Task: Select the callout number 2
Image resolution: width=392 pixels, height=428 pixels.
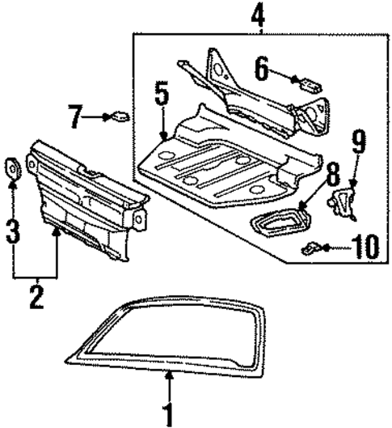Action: pos(35,296)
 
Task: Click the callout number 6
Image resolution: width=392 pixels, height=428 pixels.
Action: pos(262,68)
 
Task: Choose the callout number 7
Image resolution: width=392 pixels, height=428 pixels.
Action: pos(75,117)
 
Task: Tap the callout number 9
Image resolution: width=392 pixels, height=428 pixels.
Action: pos(358,148)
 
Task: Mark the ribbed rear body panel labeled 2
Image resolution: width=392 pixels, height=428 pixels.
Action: pos(81,198)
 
